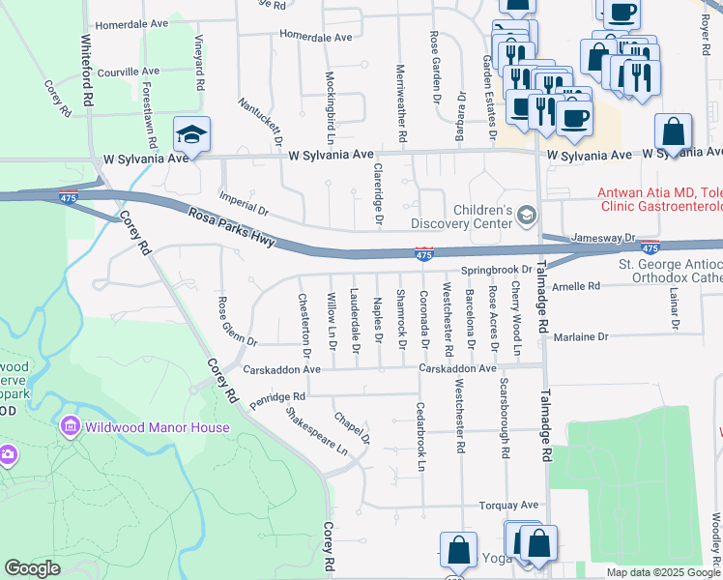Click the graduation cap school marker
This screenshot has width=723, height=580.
(191, 135)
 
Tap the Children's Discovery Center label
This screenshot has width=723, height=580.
(483, 217)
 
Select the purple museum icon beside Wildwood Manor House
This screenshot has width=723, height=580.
(69, 426)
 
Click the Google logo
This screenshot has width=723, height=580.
(32, 568)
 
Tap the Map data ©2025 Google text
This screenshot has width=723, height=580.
(663, 572)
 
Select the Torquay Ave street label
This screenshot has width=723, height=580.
(508, 506)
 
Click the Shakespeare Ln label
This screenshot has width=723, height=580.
(316, 431)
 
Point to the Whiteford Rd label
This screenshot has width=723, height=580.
(87, 72)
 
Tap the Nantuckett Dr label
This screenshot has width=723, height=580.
(261, 120)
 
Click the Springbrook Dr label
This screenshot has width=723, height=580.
(496, 270)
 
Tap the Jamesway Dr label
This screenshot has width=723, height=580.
(602, 237)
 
